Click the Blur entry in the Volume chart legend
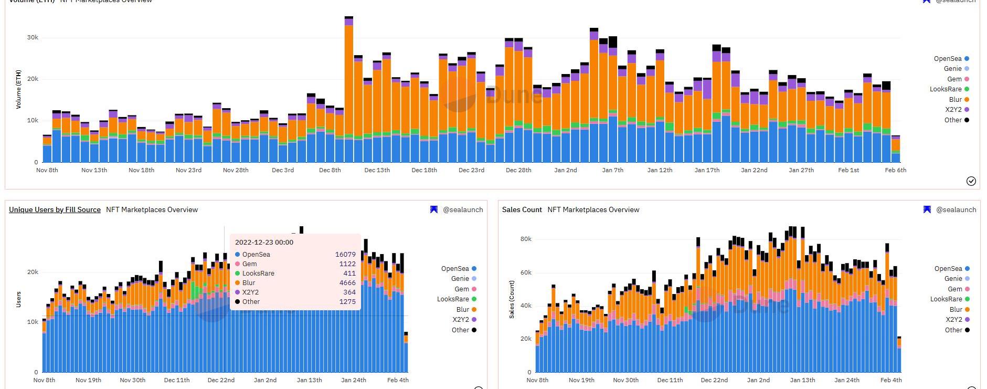(x=956, y=99)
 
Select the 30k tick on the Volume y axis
(x=33, y=38)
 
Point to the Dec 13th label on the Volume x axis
(x=377, y=170)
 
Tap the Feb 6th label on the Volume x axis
(x=895, y=170)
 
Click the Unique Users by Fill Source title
(x=55, y=209)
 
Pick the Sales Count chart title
(x=522, y=209)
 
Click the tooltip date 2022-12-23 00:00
(x=264, y=242)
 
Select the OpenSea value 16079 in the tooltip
(x=345, y=255)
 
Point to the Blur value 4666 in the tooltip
(x=347, y=283)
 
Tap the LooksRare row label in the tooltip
(x=258, y=274)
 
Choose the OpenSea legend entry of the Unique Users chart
(x=455, y=268)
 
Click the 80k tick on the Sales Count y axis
(x=526, y=239)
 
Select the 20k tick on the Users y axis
(x=33, y=272)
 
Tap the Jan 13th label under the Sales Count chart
(x=802, y=380)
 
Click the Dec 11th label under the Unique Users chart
(x=177, y=380)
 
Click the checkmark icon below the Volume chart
(x=971, y=181)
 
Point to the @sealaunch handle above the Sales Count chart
(x=956, y=209)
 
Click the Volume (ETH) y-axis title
(x=19, y=89)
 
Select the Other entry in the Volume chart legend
(x=953, y=120)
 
